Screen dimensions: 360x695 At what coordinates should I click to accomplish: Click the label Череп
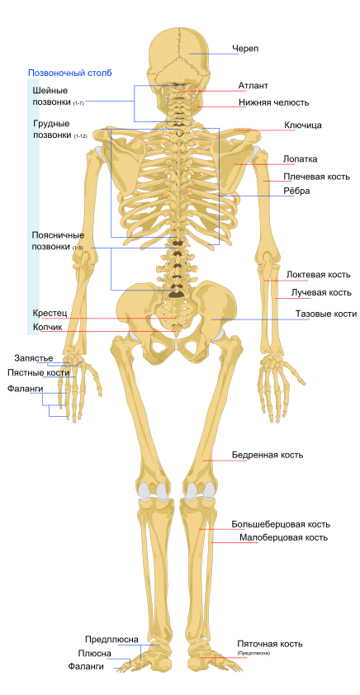tap(245, 49)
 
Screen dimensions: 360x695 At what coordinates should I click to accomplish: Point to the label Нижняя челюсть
tap(274, 103)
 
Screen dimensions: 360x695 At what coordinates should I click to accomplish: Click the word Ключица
tap(303, 125)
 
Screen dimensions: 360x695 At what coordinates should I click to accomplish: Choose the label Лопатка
tap(301, 159)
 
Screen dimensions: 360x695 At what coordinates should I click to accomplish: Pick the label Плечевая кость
tap(316, 177)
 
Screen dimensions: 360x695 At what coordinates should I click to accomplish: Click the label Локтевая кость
tap(319, 275)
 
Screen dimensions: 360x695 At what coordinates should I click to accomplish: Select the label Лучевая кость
tap(321, 292)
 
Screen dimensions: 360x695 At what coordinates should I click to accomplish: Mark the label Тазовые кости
tap(326, 314)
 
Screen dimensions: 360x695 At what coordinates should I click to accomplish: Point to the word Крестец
tap(50, 313)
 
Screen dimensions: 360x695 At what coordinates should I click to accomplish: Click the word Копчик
tap(47, 327)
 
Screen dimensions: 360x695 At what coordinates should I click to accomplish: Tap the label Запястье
tap(34, 357)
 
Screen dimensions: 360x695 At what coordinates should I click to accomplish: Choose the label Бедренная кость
tap(268, 455)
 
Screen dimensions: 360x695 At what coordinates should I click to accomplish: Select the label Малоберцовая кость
tap(284, 537)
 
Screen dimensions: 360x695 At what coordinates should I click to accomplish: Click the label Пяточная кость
tap(269, 644)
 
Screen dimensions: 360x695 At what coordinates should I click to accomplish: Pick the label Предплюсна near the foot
tap(111, 639)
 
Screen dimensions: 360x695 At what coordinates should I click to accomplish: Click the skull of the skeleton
tap(178, 59)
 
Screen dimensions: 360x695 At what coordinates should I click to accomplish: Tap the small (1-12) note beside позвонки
tap(81, 137)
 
